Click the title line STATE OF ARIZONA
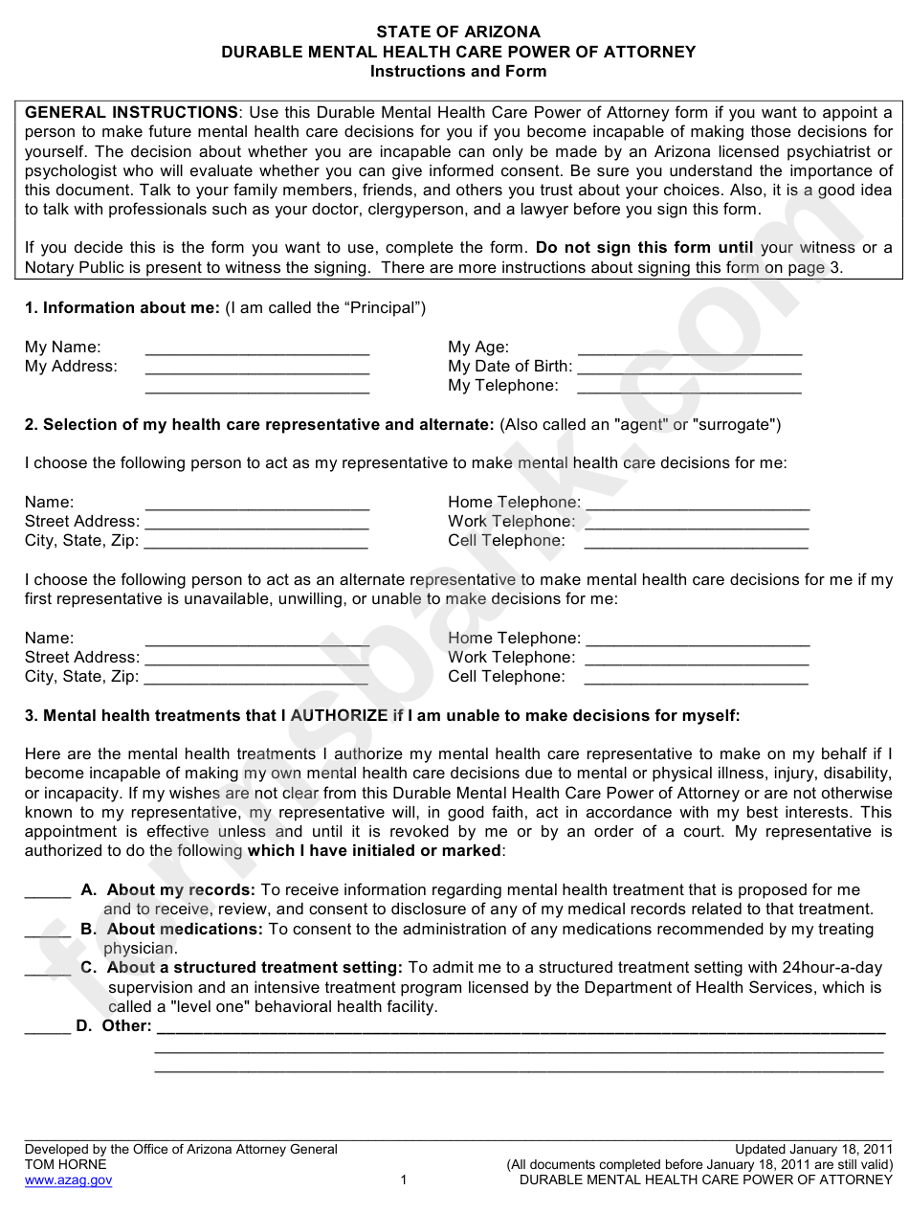457,32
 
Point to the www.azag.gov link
68,1180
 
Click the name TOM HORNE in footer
65,1165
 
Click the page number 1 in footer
404,1180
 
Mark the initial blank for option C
47,970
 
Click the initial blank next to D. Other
47,1028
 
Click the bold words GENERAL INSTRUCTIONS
131,112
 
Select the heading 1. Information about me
122,307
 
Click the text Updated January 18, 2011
813,1150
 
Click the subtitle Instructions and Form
457,71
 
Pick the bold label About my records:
181,890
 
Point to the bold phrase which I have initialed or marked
374,851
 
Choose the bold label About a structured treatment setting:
255,968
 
